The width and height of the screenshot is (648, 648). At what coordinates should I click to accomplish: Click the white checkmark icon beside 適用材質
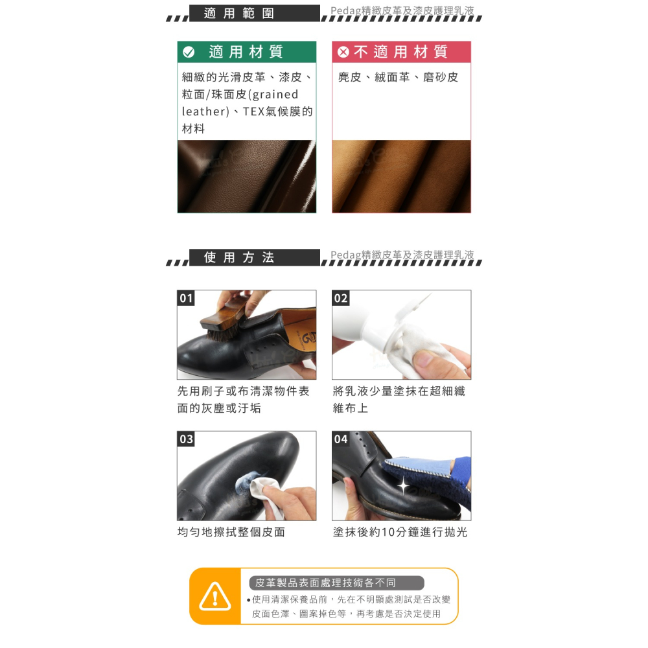tap(189, 52)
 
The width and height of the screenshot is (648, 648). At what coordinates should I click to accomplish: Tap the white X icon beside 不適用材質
tap(343, 52)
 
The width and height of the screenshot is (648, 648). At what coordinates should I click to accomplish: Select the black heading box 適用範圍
tap(255, 13)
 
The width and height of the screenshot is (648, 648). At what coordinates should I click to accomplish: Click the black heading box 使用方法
tap(255, 257)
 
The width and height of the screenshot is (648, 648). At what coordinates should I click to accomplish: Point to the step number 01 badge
tap(186, 298)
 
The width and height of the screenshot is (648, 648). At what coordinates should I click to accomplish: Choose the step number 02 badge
tap(341, 298)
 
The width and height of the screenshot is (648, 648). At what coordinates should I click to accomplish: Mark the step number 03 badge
tap(186, 439)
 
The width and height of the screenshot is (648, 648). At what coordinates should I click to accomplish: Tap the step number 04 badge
tap(341, 439)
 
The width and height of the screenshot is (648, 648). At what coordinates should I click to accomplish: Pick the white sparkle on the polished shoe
tap(403, 485)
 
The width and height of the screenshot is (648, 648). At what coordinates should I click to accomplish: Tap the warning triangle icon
tap(214, 596)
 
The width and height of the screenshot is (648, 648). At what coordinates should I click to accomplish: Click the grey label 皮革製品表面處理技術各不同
tap(336, 583)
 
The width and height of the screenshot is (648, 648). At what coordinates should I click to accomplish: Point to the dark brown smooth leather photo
tap(246, 176)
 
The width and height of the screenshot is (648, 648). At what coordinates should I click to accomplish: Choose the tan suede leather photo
tap(401, 176)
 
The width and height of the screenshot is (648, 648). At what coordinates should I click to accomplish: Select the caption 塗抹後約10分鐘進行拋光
tap(400, 532)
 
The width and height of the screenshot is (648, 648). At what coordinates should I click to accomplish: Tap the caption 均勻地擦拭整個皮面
tap(231, 532)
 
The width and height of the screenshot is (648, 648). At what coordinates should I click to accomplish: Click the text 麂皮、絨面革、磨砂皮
tap(398, 77)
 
